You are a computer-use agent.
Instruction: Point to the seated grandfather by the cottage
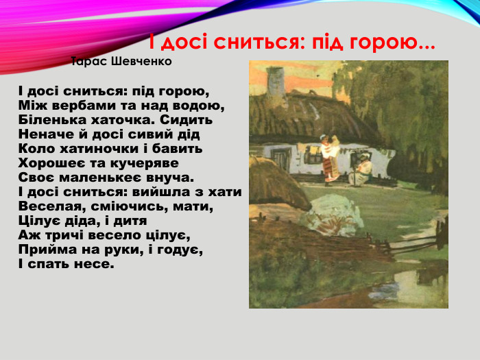[x=361, y=171]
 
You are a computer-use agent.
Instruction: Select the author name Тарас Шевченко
[x=121, y=62]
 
